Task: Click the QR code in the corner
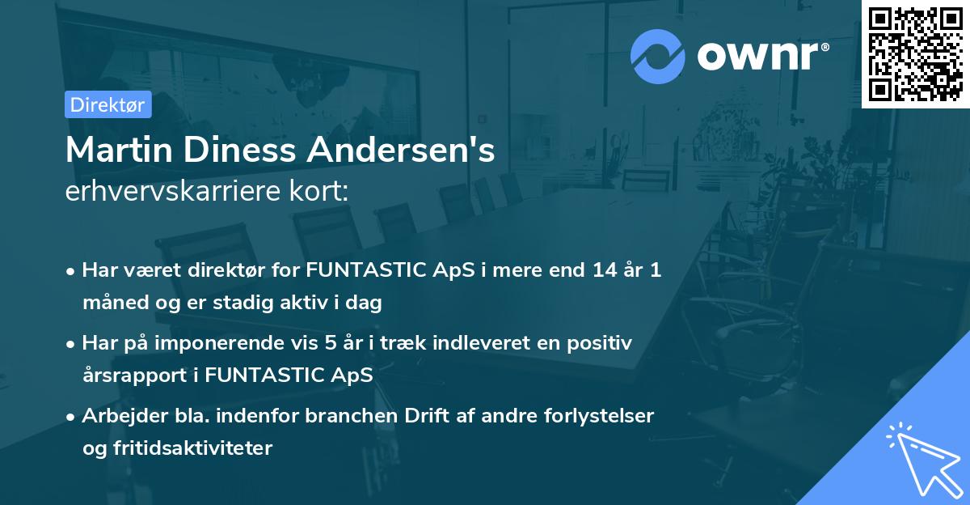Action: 915,53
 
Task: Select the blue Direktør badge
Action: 108,104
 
